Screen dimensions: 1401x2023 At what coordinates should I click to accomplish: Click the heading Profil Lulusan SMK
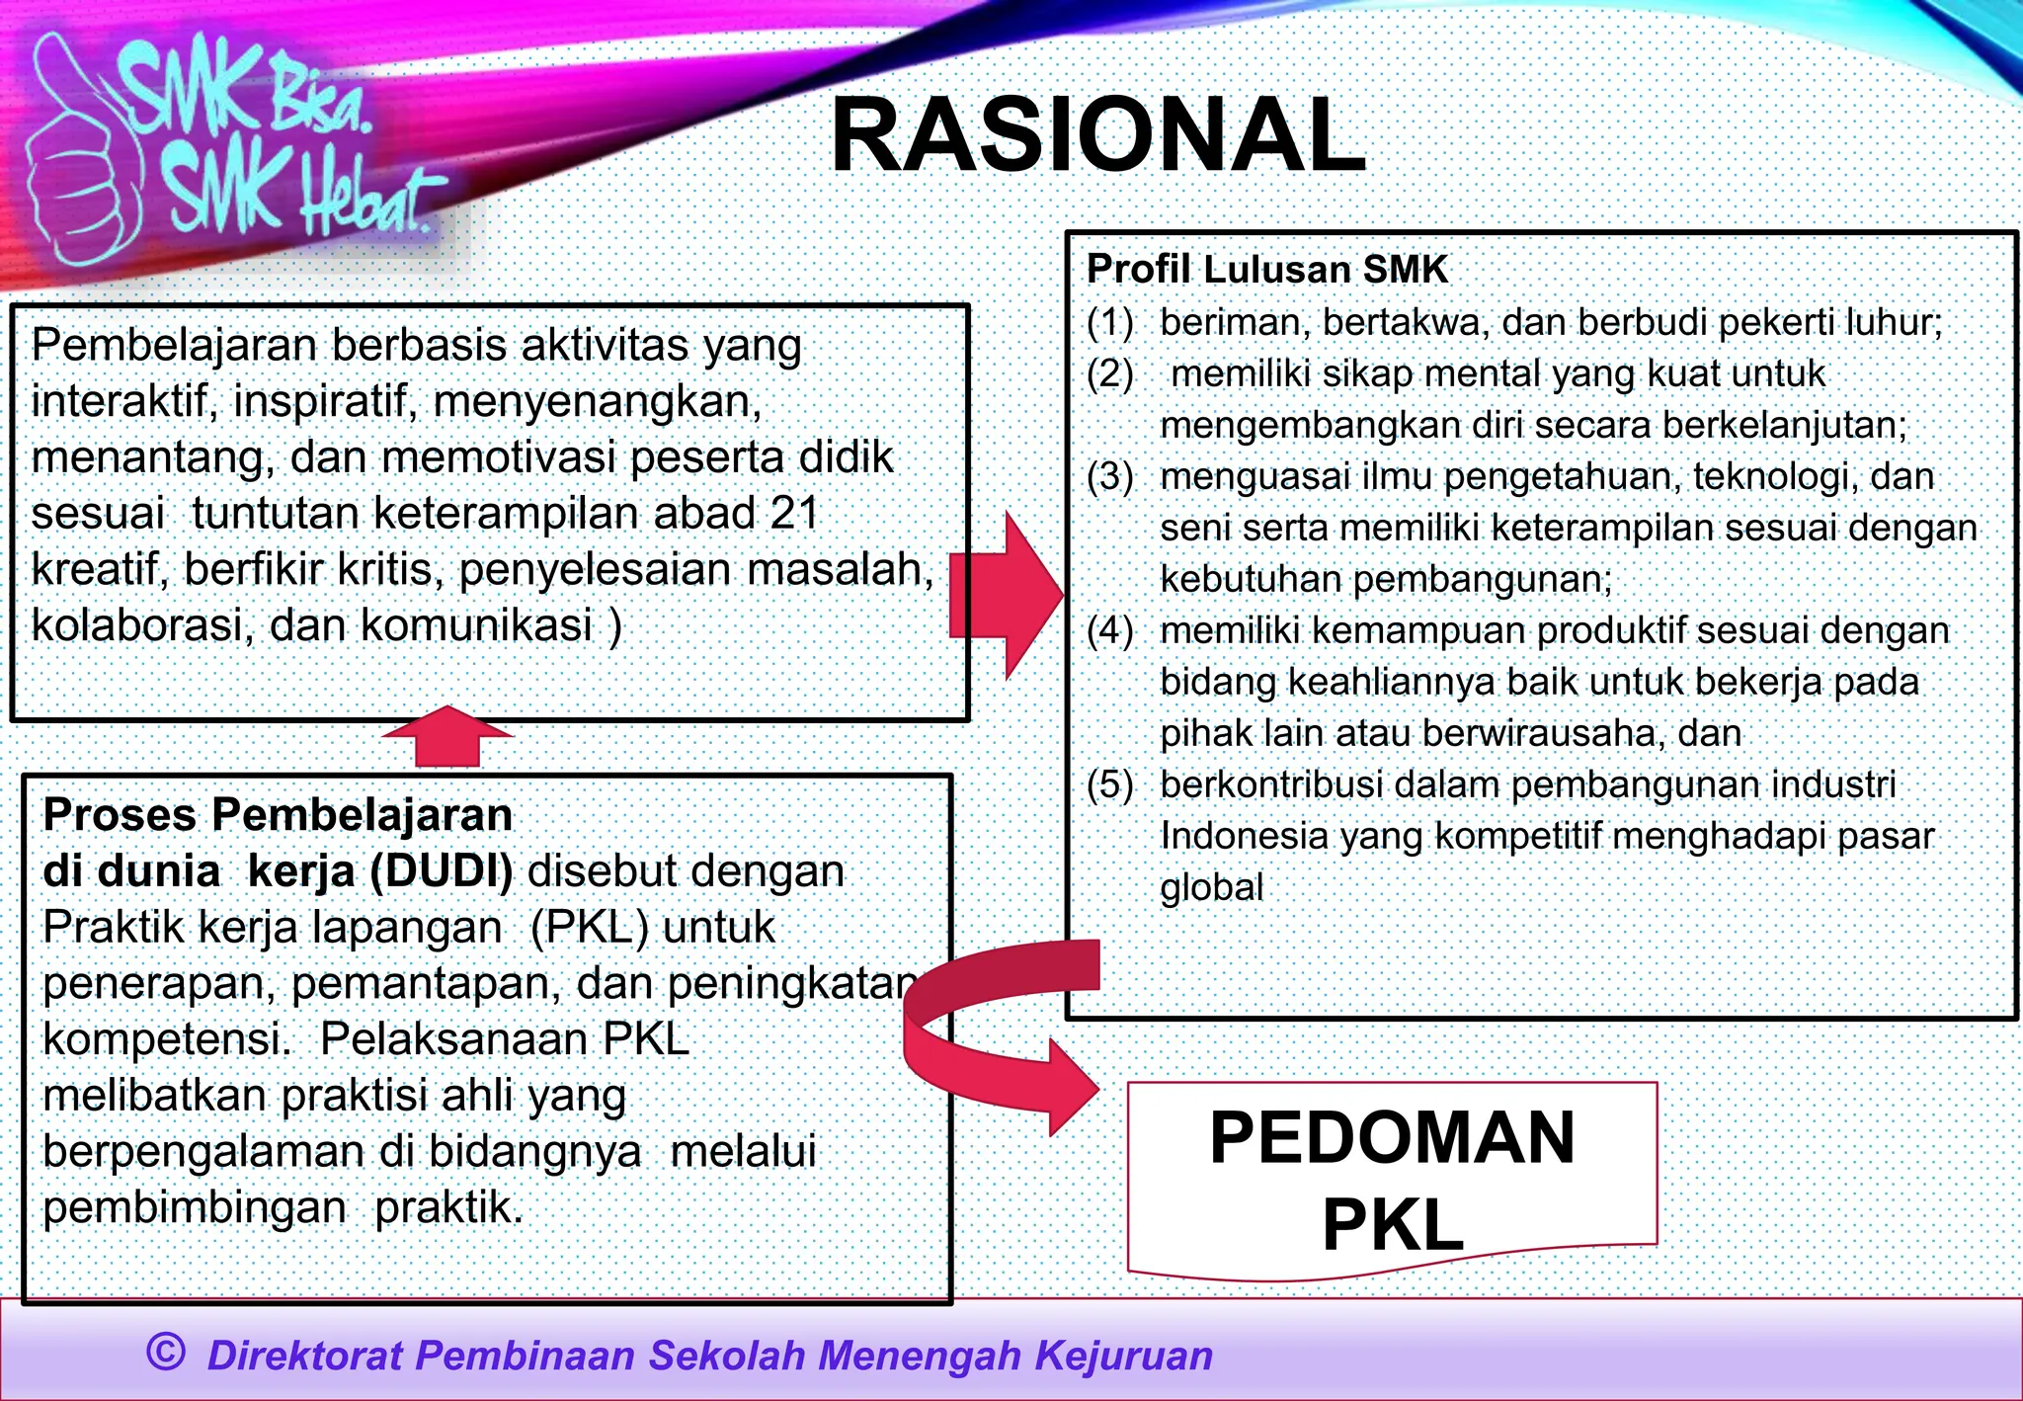[x=1266, y=269]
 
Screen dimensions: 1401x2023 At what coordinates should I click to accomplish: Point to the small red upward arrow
[x=447, y=736]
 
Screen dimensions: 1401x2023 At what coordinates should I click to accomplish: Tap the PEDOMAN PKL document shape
[x=1392, y=1180]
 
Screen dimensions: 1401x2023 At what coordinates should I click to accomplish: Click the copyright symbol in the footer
[x=165, y=1351]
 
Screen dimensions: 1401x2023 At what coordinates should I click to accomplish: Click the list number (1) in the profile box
[x=1110, y=323]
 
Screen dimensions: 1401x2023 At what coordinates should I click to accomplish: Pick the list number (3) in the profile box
[x=1110, y=477]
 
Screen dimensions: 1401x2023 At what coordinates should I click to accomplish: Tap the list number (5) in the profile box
[x=1110, y=785]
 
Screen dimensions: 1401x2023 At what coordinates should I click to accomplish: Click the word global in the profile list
[x=1211, y=888]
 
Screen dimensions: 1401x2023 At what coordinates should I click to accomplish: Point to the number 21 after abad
[x=795, y=514]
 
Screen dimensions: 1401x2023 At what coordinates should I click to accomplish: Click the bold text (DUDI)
[x=441, y=871]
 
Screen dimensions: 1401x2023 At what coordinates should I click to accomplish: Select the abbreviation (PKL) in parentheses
[x=589, y=928]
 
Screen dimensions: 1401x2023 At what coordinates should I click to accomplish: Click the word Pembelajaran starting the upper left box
[x=174, y=346]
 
